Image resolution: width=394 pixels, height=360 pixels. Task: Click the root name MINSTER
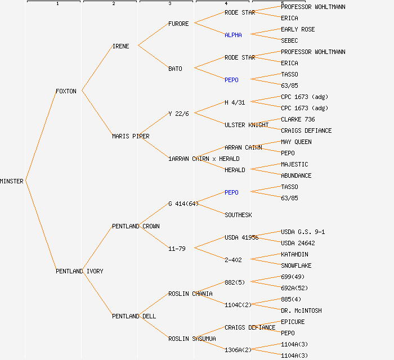click(12, 181)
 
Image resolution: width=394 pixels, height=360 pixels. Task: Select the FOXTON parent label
click(66, 91)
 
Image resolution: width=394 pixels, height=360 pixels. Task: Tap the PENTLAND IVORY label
click(79, 271)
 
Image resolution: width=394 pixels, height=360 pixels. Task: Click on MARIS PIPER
click(131, 136)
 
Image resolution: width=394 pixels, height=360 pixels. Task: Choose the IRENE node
click(120, 46)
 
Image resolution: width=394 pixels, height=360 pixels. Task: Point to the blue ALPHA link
click(233, 35)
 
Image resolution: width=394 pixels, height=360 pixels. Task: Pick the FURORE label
click(178, 24)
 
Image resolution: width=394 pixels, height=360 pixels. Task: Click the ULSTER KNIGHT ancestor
click(247, 125)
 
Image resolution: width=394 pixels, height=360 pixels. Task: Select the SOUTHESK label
click(238, 215)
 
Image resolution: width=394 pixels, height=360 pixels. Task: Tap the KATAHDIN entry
click(294, 254)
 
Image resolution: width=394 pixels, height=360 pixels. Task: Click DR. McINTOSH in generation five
click(301, 310)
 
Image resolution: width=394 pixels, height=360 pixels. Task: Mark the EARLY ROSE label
click(298, 29)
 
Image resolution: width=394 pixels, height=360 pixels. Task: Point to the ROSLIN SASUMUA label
click(192, 339)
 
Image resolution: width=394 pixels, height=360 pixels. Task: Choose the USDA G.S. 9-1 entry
click(303, 232)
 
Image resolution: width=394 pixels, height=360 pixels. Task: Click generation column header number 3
click(170, 3)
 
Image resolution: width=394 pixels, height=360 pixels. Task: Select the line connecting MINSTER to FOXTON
click(41, 136)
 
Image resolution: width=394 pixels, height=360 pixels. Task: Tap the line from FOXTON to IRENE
click(97, 68)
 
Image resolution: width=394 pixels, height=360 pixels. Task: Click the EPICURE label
click(293, 322)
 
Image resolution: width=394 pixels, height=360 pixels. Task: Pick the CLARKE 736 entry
click(298, 119)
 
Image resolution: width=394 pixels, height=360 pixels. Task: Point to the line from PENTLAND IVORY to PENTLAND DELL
click(97, 293)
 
